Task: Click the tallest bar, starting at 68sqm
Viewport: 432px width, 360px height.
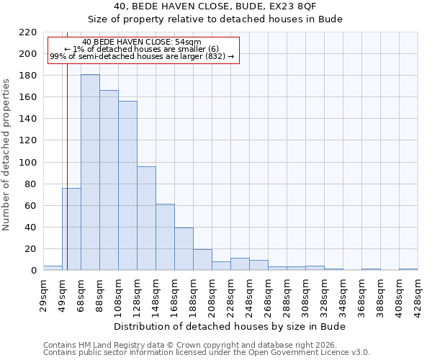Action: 90,173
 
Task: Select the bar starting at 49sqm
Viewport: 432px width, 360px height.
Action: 71,229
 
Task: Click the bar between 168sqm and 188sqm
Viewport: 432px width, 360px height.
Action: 184,249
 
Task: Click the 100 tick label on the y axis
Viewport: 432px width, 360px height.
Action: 28,163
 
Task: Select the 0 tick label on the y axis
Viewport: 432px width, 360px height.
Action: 33,271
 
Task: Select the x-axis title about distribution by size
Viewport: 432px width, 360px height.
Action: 230,326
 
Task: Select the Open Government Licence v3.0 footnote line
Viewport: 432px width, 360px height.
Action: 207,352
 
